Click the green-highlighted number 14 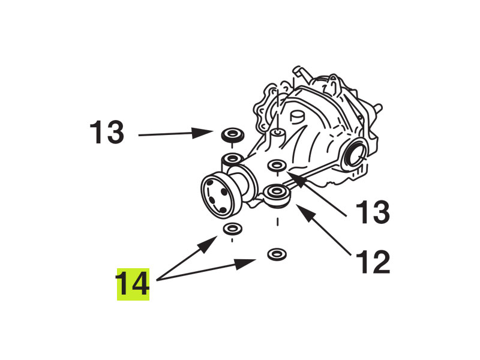tap(133, 284)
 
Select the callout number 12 tap(373, 262)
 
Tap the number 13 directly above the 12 tap(373, 212)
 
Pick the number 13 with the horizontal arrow tap(107, 132)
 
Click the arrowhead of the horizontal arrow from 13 tap(202, 133)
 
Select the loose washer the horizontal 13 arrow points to tap(232, 134)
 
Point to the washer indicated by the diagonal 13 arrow tap(277, 166)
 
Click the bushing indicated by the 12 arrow tap(277, 196)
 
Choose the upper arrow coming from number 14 tap(187, 258)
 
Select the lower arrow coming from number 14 tap(206, 269)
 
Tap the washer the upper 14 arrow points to tap(232, 229)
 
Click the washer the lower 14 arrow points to tap(277, 254)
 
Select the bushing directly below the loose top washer tap(232, 160)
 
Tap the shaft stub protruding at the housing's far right tap(378, 108)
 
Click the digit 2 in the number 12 tap(381, 262)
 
